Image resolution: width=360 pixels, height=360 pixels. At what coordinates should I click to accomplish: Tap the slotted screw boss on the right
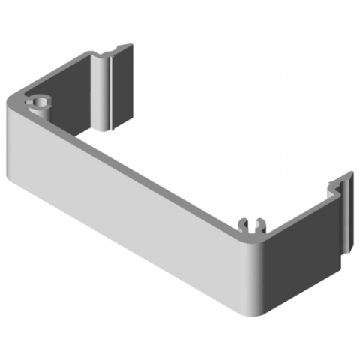tap(253, 223)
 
